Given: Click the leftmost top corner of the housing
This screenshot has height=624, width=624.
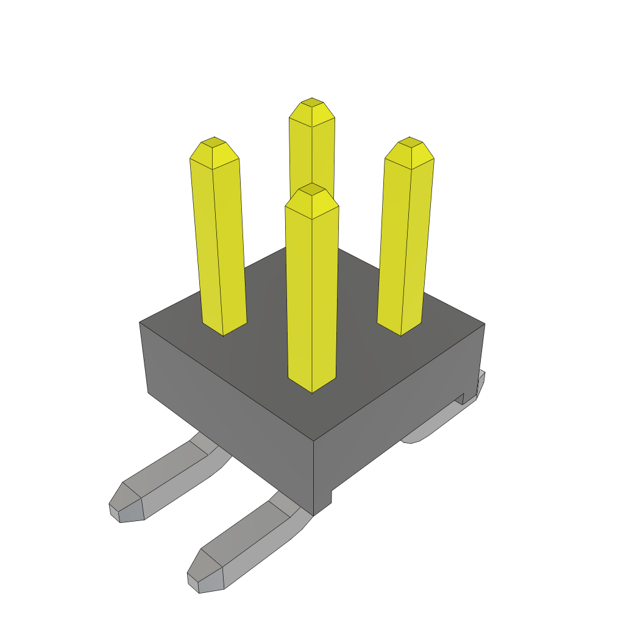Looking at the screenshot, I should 140,322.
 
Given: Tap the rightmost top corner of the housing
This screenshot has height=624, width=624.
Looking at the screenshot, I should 484,324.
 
